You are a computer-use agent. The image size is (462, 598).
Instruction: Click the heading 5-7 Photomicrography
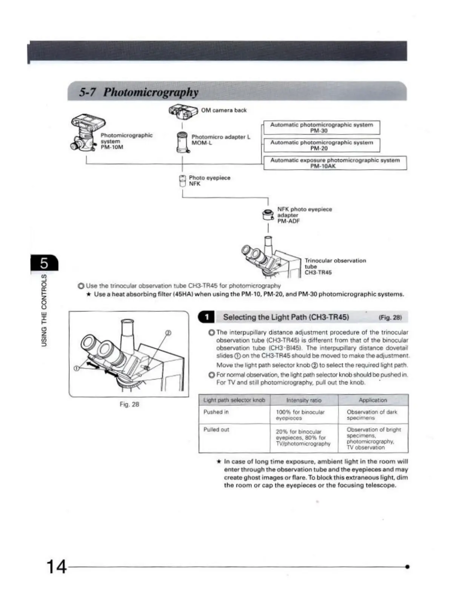pos(139,92)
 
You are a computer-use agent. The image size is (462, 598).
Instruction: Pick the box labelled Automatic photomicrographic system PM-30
pos(321,128)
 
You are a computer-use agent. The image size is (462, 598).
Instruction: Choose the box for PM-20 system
pos(321,145)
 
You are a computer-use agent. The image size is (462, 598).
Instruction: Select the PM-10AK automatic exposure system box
pos(335,163)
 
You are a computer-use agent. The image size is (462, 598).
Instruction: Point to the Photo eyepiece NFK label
pos(209,181)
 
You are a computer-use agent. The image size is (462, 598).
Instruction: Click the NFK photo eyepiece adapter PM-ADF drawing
pos(268,215)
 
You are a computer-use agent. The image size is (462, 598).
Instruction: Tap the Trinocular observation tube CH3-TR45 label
pos(335,266)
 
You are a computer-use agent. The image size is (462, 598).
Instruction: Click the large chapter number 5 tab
pos(45,263)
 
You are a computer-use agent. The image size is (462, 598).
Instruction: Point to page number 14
pos(56,567)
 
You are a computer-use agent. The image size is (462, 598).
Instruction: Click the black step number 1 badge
pos(207,317)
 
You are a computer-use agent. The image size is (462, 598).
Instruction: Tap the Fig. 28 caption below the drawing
pos(129,404)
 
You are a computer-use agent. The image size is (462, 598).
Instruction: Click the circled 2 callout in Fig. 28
pos(168,333)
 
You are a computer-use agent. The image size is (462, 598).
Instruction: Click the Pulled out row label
pos(216,430)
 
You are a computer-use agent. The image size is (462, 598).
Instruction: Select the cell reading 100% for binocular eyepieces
pos(300,415)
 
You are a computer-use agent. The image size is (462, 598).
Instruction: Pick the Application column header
pos(373,400)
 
